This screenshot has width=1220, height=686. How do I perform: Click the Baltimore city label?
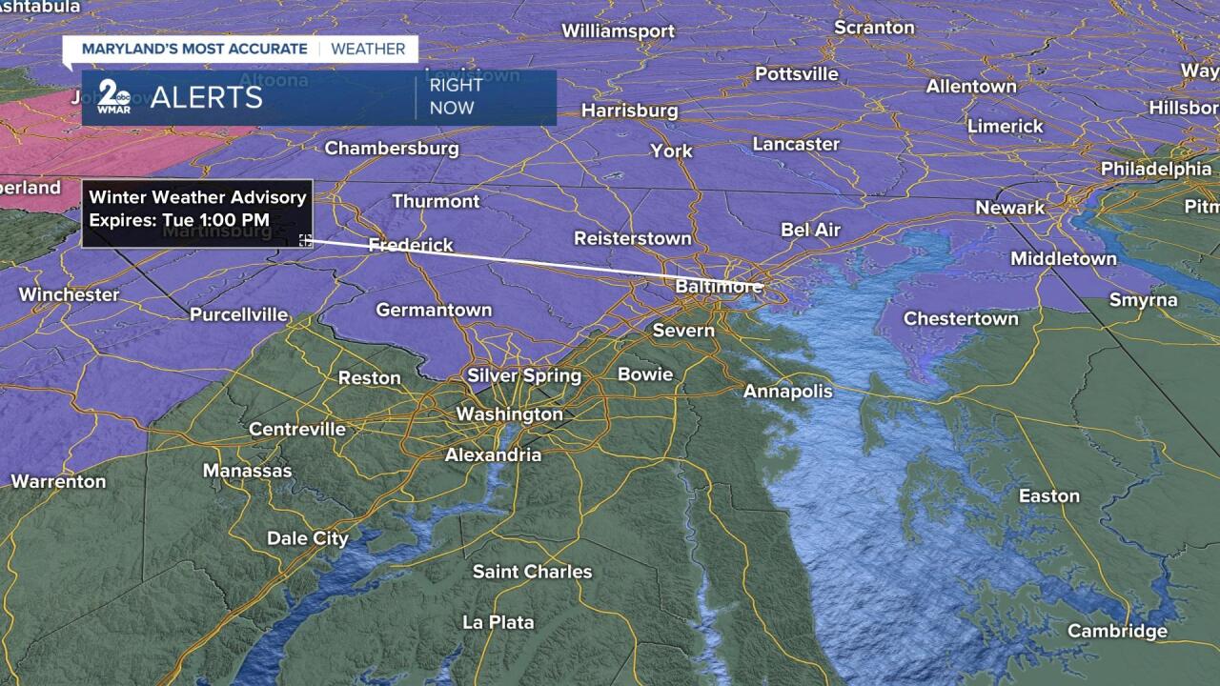[719, 287]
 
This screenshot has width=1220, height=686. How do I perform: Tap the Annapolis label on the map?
[787, 392]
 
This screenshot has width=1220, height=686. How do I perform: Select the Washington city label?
[509, 414]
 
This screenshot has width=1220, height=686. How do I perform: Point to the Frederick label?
[411, 245]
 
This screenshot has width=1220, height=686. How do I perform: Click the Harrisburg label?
[629, 111]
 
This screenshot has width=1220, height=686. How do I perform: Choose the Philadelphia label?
[1155, 169]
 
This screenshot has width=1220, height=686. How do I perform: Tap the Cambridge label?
[1117, 631]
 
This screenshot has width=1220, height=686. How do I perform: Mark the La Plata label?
[498, 622]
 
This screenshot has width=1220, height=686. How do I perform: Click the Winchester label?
[69, 294]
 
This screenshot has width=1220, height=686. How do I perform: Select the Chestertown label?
[961, 318]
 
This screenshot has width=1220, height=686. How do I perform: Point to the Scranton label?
[874, 28]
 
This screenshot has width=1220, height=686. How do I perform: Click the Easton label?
[1049, 496]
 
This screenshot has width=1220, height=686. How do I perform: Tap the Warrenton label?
[58, 481]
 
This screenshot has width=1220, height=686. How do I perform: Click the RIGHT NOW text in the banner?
[455, 96]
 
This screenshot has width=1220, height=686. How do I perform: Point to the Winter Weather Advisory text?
[197, 198]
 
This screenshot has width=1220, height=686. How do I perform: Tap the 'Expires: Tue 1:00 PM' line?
[179, 220]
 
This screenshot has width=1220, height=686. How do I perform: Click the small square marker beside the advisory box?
[305, 240]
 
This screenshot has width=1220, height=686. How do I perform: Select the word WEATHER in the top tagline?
[369, 49]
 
